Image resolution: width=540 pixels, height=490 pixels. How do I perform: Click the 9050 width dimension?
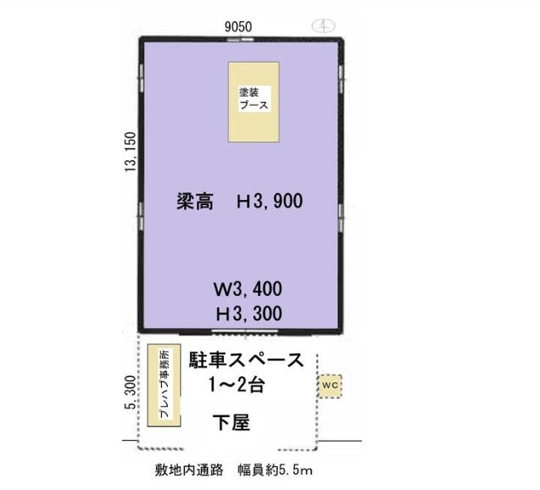tap(238, 26)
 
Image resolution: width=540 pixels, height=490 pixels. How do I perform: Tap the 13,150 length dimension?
tap(131, 153)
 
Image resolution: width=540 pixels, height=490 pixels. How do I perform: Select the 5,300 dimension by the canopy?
tap(131, 393)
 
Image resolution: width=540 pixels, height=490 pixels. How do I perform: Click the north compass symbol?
tap(323, 25)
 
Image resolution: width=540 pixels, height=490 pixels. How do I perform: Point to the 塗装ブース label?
tap(253, 98)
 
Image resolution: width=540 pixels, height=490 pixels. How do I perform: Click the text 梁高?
tap(195, 201)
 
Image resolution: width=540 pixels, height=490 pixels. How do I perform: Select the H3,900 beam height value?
tap(270, 201)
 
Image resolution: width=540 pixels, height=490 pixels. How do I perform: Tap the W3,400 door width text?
tap(248, 289)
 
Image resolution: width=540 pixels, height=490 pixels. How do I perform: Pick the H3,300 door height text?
tap(249, 314)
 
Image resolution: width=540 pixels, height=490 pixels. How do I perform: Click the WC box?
tap(330, 386)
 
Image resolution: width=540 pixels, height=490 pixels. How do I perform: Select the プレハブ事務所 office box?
tap(164, 385)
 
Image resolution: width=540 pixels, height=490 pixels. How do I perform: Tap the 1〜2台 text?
tap(237, 385)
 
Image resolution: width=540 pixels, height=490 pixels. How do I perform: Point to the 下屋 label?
tap(231, 422)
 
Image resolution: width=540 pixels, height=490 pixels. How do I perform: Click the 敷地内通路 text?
tap(189, 470)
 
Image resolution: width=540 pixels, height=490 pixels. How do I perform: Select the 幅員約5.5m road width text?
tap(275, 470)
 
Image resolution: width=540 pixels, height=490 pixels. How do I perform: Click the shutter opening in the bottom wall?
tap(244, 331)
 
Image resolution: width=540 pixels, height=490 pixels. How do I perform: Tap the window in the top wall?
tap(241, 39)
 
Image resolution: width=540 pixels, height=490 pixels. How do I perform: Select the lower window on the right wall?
tap(341, 217)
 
